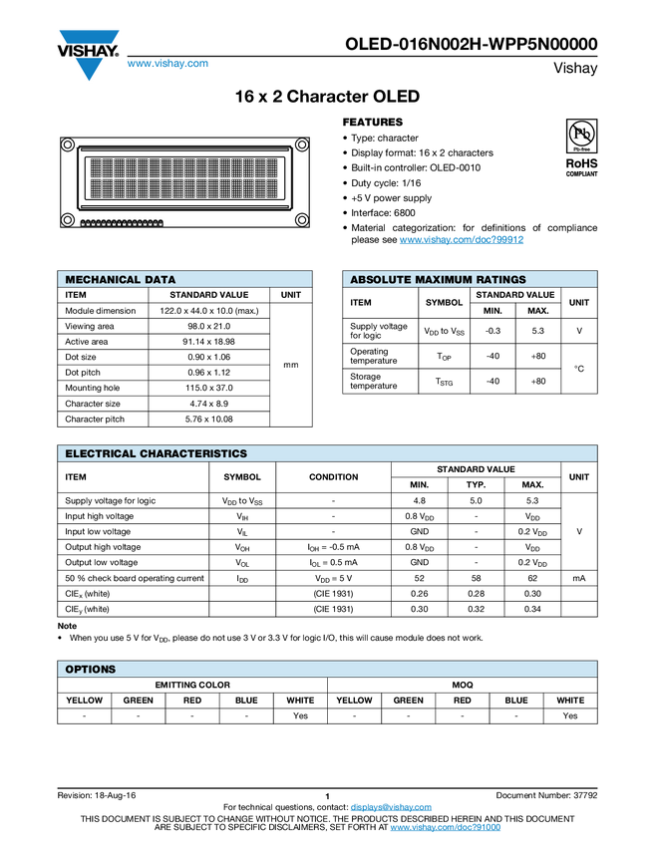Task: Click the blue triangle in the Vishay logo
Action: tap(90, 68)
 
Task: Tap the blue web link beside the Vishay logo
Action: tap(166, 65)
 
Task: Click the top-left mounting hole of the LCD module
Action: tap(67, 145)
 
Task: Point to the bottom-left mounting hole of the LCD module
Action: tap(67, 219)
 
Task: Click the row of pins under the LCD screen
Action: tap(121, 223)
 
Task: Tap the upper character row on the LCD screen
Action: tap(185, 165)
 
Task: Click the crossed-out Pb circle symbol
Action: tap(582, 133)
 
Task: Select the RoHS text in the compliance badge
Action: tap(581, 162)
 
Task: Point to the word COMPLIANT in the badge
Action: tap(582, 174)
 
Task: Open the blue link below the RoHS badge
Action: tap(462, 239)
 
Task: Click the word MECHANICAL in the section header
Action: tap(103, 280)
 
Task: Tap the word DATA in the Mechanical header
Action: tap(161, 280)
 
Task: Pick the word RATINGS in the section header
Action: tap(503, 280)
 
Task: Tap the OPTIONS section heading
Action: tap(91, 670)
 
